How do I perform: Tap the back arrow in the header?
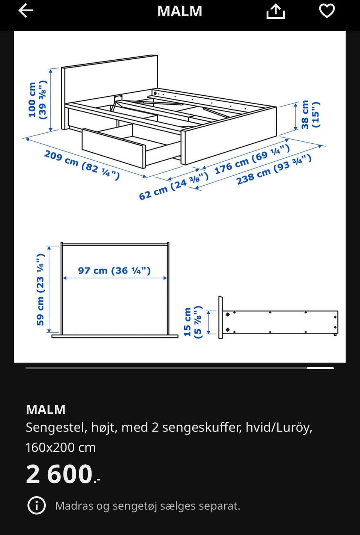click(x=26, y=11)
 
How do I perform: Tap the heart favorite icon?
click(x=327, y=11)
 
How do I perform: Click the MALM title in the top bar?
click(x=180, y=11)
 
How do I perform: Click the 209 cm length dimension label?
click(x=82, y=165)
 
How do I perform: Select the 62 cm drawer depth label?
click(x=174, y=186)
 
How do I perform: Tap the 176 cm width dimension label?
click(x=252, y=159)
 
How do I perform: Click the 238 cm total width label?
click(x=274, y=170)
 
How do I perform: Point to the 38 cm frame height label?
click(x=310, y=115)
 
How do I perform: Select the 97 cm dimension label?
click(x=114, y=271)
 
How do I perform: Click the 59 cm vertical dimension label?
click(x=40, y=290)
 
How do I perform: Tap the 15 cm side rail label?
click(x=193, y=322)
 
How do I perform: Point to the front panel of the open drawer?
click(x=113, y=149)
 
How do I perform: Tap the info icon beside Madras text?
click(x=36, y=506)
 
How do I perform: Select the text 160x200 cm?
click(x=61, y=448)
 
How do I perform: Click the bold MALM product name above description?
click(x=46, y=409)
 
